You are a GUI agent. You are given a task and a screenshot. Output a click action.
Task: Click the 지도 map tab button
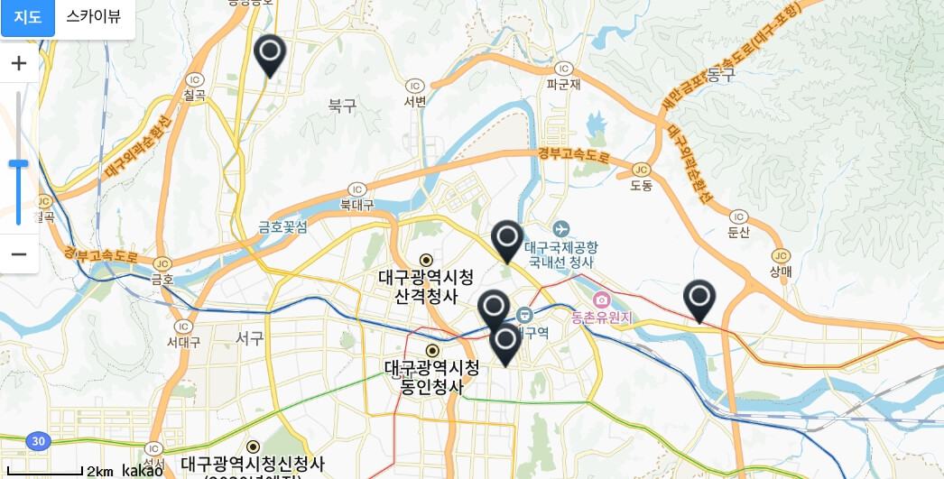[x=28, y=17]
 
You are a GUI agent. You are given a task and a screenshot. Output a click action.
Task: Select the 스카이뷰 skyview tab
[x=94, y=17]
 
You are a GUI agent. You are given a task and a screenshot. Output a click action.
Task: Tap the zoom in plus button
[x=19, y=63]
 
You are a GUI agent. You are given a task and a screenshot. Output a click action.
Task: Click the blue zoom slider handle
[x=18, y=163]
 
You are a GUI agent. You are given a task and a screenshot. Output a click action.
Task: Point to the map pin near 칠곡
[x=270, y=54]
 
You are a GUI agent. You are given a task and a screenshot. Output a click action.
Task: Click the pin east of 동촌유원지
[x=699, y=299]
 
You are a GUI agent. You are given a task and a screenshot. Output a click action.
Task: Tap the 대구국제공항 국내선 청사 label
[x=561, y=254]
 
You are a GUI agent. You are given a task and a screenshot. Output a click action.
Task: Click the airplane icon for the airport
[x=561, y=228]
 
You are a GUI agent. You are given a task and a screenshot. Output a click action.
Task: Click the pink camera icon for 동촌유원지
[x=601, y=299]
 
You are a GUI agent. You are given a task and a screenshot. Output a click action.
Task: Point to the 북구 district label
[x=343, y=106]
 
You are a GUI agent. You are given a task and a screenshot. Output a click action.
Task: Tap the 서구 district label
[x=249, y=338]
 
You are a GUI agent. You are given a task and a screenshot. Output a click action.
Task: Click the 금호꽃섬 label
[x=283, y=226]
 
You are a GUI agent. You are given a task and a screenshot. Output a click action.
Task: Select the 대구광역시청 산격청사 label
[x=425, y=285]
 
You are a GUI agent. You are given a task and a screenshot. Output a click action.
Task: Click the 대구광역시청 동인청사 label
[x=432, y=377]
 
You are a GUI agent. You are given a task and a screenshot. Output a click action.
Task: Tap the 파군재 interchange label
[x=563, y=85]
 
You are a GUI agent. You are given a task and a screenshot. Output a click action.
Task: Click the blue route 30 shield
[x=36, y=442]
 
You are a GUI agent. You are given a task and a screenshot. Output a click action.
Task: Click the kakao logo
[x=142, y=471]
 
